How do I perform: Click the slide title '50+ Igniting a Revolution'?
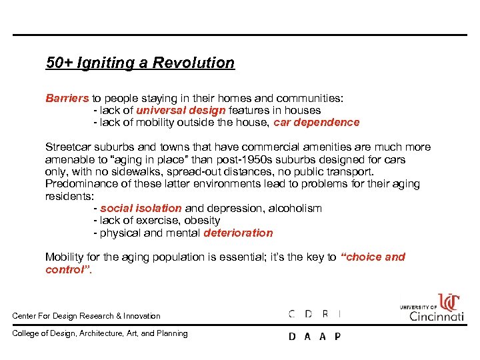coord(140,63)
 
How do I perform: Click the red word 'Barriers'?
coord(67,98)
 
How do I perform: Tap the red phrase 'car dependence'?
coord(317,123)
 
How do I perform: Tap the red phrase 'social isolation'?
coord(141,208)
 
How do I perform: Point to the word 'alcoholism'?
coord(295,208)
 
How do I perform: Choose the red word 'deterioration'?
coord(238,233)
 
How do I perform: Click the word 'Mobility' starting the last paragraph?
coord(65,257)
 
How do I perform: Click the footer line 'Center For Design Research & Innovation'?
coord(87,316)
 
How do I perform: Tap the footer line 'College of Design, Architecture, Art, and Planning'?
coord(100,333)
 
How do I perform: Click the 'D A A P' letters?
coord(314,337)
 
